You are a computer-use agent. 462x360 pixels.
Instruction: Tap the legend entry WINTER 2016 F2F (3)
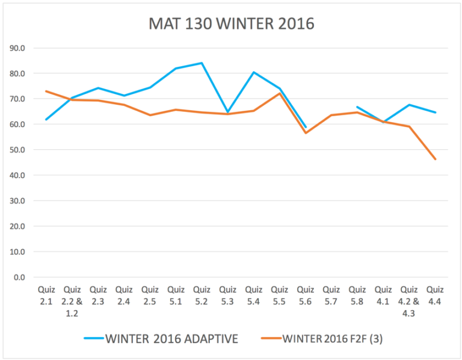point(322,338)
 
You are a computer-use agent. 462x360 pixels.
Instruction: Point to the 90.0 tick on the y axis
point(25,48)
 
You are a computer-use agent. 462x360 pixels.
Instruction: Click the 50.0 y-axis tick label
point(25,150)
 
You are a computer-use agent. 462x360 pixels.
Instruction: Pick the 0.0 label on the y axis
point(26,278)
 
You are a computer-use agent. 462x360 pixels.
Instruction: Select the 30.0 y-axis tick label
point(25,201)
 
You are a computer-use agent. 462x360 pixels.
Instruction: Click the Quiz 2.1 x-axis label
point(46,294)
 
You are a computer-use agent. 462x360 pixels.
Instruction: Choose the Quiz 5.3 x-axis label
point(227,294)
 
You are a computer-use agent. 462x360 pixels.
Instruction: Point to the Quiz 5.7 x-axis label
point(331,294)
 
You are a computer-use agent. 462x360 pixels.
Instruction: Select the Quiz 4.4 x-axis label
point(434,294)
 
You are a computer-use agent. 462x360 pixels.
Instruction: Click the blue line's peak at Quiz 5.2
point(202,63)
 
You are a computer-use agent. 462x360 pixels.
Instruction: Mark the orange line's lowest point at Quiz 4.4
point(434,160)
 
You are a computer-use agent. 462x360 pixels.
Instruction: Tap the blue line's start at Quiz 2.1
point(46,119)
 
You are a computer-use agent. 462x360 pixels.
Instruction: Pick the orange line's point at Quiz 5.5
point(279,93)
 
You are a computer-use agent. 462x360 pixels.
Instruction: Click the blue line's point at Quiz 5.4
point(253,72)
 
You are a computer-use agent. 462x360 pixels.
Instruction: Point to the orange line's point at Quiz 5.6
point(305,133)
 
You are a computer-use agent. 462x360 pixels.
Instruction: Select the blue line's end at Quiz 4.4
point(434,113)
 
